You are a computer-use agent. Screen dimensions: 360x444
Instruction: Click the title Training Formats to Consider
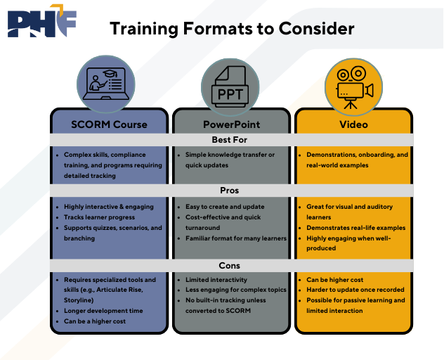point(232,29)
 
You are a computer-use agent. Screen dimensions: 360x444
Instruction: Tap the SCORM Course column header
point(109,124)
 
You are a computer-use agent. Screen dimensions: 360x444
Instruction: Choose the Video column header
point(353,124)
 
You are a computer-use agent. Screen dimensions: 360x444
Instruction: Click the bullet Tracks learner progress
point(99,217)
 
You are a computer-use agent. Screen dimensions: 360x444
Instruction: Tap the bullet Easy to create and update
point(225,207)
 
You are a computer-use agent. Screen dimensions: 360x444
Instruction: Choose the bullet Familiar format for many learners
point(236,238)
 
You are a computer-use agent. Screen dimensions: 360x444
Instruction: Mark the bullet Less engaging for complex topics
point(235,290)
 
